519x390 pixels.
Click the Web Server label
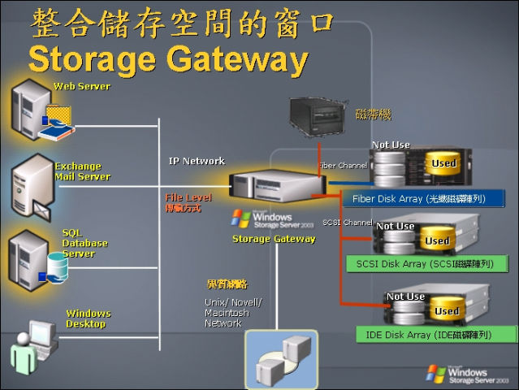pyautogui.click(x=81, y=86)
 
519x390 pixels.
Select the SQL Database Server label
pyautogui.click(x=84, y=243)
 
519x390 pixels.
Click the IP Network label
pyautogui.click(x=197, y=161)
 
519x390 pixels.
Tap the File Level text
pyautogui.click(x=188, y=197)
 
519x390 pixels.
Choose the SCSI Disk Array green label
pyautogui.click(x=424, y=263)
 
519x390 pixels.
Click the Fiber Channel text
pyautogui.click(x=342, y=166)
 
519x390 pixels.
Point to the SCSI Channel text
pyautogui.click(x=348, y=222)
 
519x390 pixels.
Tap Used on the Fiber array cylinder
pyautogui.click(x=443, y=163)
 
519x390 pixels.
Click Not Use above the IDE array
pyautogui.click(x=405, y=297)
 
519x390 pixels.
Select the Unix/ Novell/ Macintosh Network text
pyautogui.click(x=232, y=313)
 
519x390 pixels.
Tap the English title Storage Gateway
pyautogui.click(x=167, y=59)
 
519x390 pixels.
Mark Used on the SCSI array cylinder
pyautogui.click(x=437, y=240)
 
